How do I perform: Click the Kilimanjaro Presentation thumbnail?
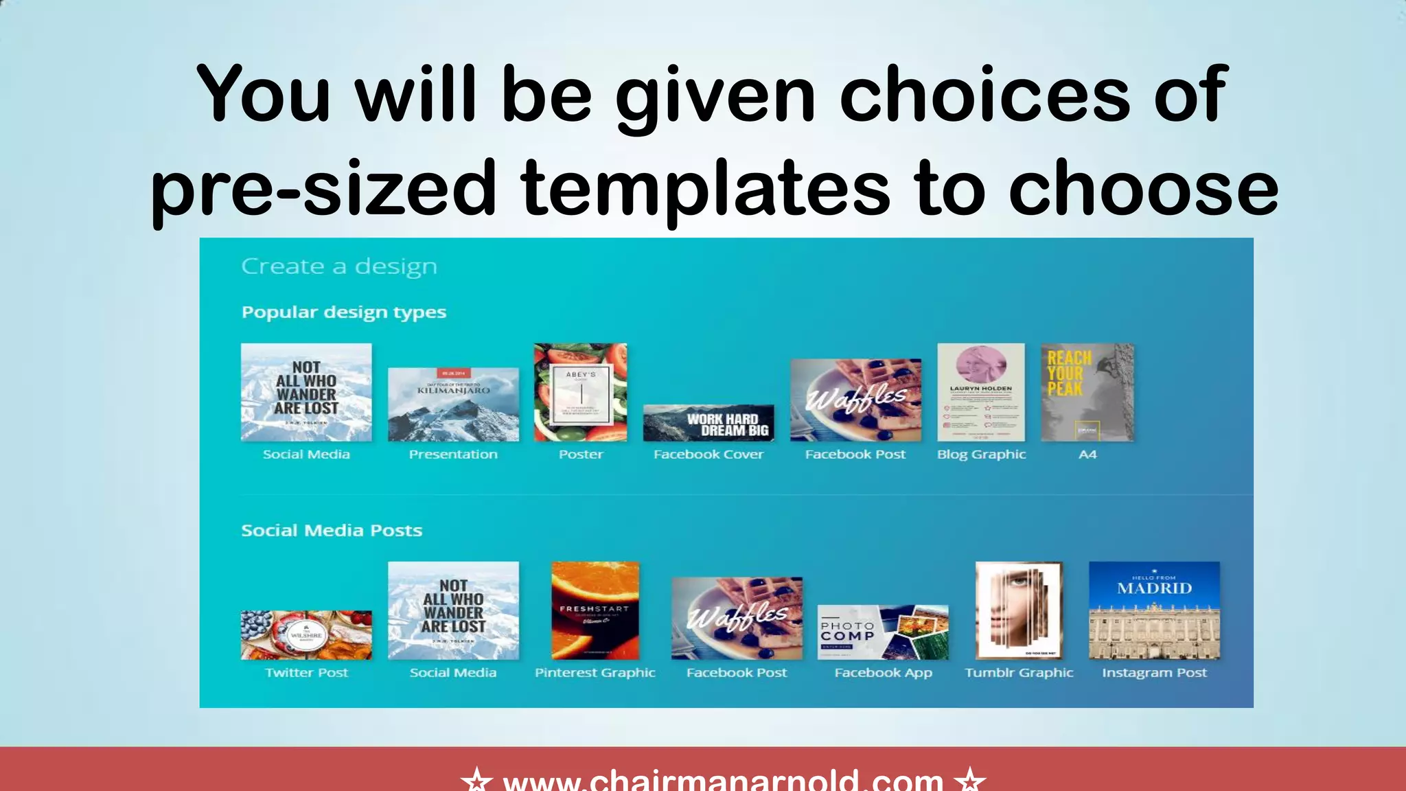click(x=453, y=404)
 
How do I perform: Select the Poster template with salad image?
click(x=581, y=392)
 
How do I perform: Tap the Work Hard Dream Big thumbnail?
click(x=708, y=423)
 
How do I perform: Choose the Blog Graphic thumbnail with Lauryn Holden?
click(x=981, y=392)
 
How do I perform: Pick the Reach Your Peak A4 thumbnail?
click(x=1087, y=392)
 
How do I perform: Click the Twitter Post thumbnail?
click(x=306, y=635)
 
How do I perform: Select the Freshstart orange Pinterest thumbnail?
click(x=595, y=610)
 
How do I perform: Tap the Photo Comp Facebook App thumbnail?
click(x=883, y=632)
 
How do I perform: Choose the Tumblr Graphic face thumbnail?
click(x=1019, y=610)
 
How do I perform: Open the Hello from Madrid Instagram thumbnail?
click(x=1154, y=610)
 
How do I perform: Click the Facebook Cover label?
click(x=708, y=455)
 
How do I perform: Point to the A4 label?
click(x=1087, y=455)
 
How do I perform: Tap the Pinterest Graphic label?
click(x=595, y=673)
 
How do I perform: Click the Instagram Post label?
click(x=1154, y=673)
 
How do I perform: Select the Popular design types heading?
click(x=344, y=312)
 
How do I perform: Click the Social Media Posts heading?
click(x=332, y=531)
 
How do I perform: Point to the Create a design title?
click(x=339, y=266)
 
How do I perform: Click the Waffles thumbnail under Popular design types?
click(x=855, y=400)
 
